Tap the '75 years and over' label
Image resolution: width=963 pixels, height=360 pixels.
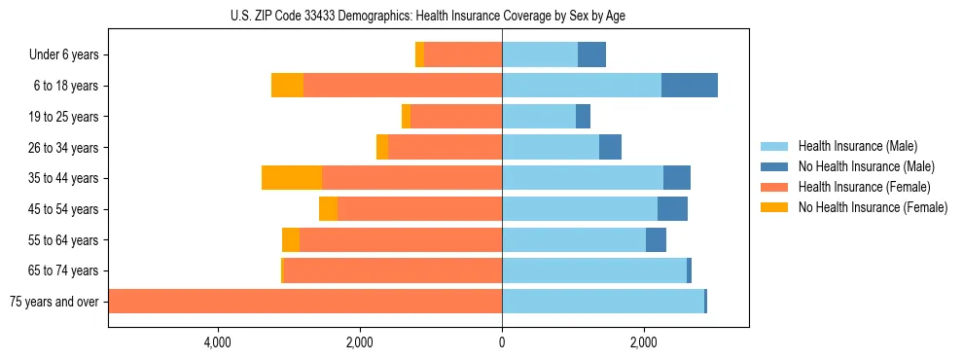[54, 302]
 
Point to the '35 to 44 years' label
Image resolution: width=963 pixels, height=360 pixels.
[64, 178]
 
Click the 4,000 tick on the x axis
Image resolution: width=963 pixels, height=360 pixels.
[217, 342]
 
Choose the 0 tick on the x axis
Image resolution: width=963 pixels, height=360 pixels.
[502, 342]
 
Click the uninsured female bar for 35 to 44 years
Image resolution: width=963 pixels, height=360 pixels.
[292, 178]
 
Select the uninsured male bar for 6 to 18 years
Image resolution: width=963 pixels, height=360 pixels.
[690, 86]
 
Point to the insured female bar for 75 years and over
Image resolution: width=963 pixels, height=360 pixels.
[305, 302]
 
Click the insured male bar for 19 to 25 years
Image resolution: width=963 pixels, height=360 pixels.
[539, 117]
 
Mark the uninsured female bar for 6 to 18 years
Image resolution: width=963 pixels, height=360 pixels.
[287, 86]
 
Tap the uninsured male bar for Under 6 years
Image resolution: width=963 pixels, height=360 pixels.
[591, 55]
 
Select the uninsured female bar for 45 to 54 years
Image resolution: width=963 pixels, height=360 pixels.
[328, 209]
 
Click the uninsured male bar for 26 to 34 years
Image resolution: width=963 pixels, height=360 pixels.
[610, 148]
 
